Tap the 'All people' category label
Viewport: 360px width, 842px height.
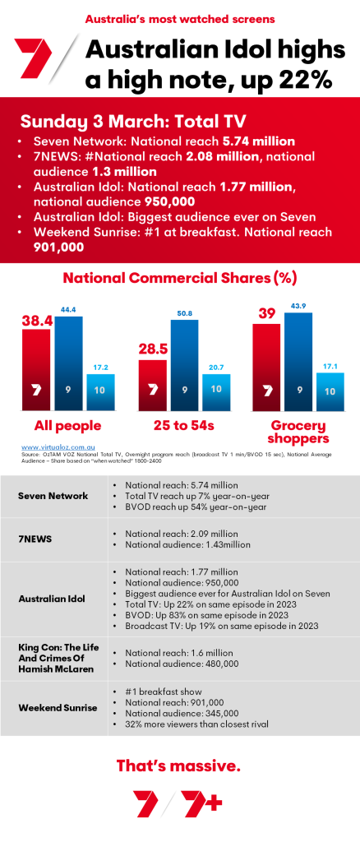coord(67,426)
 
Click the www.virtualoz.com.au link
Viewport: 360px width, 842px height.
coord(56,446)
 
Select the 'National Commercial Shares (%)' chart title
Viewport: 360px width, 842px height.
coord(180,278)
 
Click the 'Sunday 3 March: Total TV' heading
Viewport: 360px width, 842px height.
coord(121,122)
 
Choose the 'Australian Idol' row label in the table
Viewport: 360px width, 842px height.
coord(54,598)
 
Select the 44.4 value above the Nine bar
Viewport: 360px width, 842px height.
coord(69,308)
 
